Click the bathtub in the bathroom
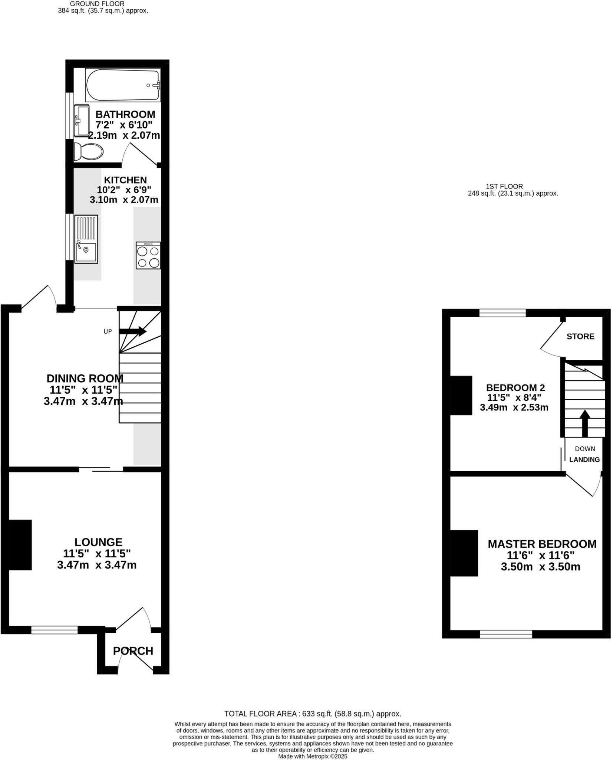(x=123, y=85)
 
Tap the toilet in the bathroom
(x=88, y=151)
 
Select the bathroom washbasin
(x=82, y=121)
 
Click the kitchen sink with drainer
(x=86, y=239)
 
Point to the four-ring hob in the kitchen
(x=148, y=256)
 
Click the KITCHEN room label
(x=125, y=180)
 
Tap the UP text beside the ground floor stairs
(x=108, y=331)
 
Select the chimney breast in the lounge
(x=20, y=544)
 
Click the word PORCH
(x=133, y=651)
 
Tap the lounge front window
(x=54, y=629)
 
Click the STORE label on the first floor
(x=580, y=336)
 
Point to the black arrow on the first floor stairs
(x=585, y=423)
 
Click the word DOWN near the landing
(x=585, y=449)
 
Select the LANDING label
(x=584, y=459)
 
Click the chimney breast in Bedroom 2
(x=461, y=395)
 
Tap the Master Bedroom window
(x=506, y=634)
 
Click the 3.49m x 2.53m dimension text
(x=514, y=407)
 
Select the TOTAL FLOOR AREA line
(x=313, y=714)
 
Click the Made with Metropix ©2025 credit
(x=313, y=756)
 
